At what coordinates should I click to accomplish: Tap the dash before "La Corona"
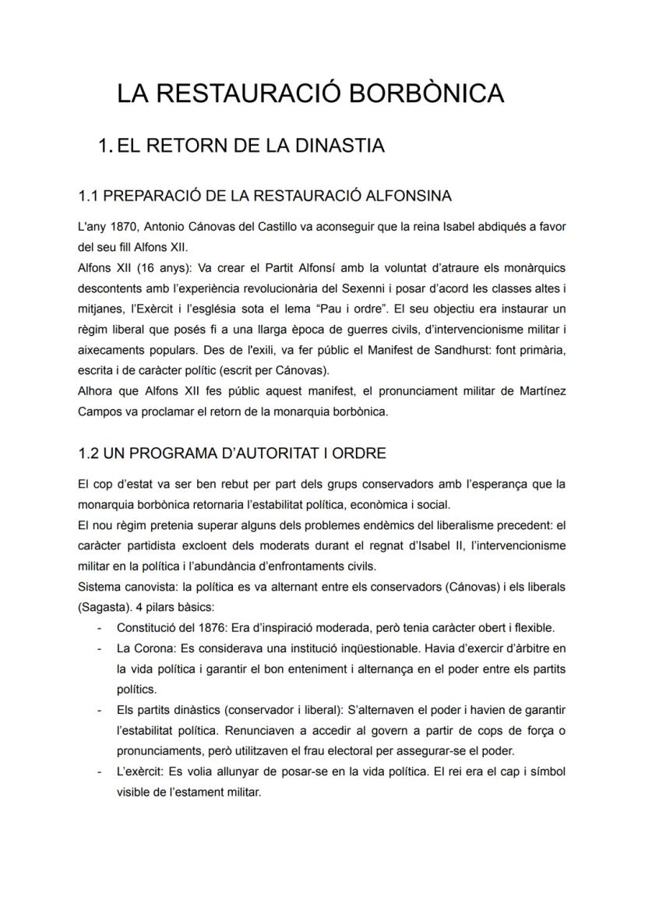pos(99,648)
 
